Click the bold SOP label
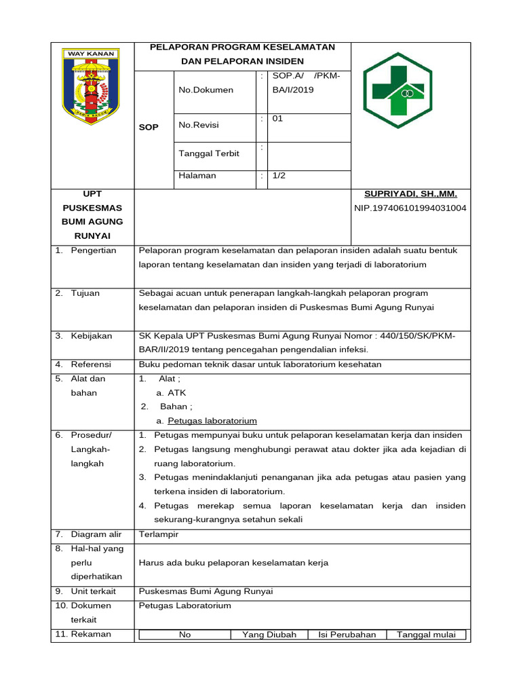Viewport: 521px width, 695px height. pos(149,128)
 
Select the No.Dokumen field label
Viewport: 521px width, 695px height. pos(206,90)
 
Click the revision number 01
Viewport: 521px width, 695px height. pos(277,119)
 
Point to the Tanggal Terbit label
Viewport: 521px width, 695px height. pos(208,153)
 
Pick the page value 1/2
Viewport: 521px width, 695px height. pos(279,176)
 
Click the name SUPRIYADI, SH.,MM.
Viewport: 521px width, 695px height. pos(410,195)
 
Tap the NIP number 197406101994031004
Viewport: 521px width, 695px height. pos(410,208)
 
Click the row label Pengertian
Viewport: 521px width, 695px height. pos(93,250)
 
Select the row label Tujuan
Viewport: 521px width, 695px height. pos(85,293)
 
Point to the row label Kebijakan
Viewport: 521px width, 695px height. pos(91,336)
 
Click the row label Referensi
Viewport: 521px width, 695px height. pos(91,364)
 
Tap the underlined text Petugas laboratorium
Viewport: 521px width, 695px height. pos(212,421)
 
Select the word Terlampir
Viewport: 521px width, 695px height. pos(159,534)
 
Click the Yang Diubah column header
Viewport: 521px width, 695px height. pos(269,635)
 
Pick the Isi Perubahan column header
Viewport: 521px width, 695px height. pos(347,635)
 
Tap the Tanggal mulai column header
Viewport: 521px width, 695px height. pos(426,635)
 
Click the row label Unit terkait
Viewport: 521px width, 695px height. pos(93,591)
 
